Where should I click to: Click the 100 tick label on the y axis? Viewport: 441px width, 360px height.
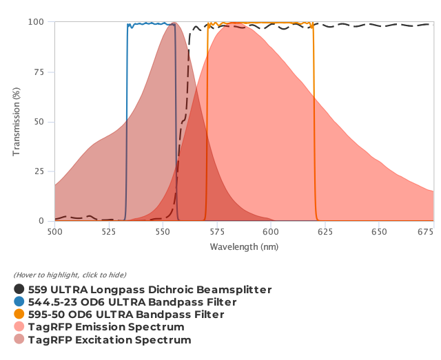point(36,22)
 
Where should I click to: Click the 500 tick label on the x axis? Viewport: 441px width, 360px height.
point(54,233)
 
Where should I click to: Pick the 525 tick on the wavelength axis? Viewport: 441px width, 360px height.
point(108,233)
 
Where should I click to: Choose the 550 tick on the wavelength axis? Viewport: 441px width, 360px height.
point(163,233)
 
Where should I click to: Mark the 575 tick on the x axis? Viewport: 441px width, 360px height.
point(216,233)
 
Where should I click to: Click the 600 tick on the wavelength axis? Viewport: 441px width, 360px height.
point(271,233)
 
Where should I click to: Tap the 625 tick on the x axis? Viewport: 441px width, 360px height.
point(325,233)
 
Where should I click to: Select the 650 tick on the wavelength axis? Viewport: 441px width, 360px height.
point(379,233)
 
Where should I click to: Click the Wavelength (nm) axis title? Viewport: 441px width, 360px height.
point(244,246)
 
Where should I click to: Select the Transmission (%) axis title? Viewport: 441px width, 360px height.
point(17,122)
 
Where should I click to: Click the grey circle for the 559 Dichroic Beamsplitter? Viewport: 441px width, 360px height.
point(19,290)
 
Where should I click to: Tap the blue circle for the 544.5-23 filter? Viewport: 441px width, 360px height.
point(19,302)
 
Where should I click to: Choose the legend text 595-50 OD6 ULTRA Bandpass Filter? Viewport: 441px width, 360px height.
point(126,315)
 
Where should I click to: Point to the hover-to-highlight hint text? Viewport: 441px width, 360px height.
point(70,275)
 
